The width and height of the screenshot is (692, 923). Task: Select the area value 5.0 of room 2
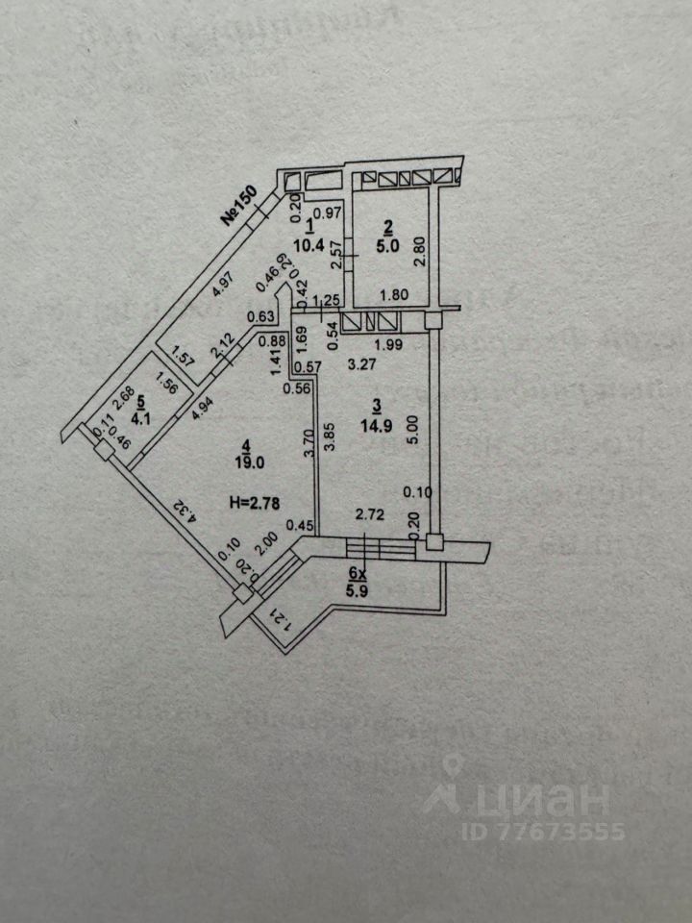tap(388, 244)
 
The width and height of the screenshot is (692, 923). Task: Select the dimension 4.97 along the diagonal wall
tap(222, 287)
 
